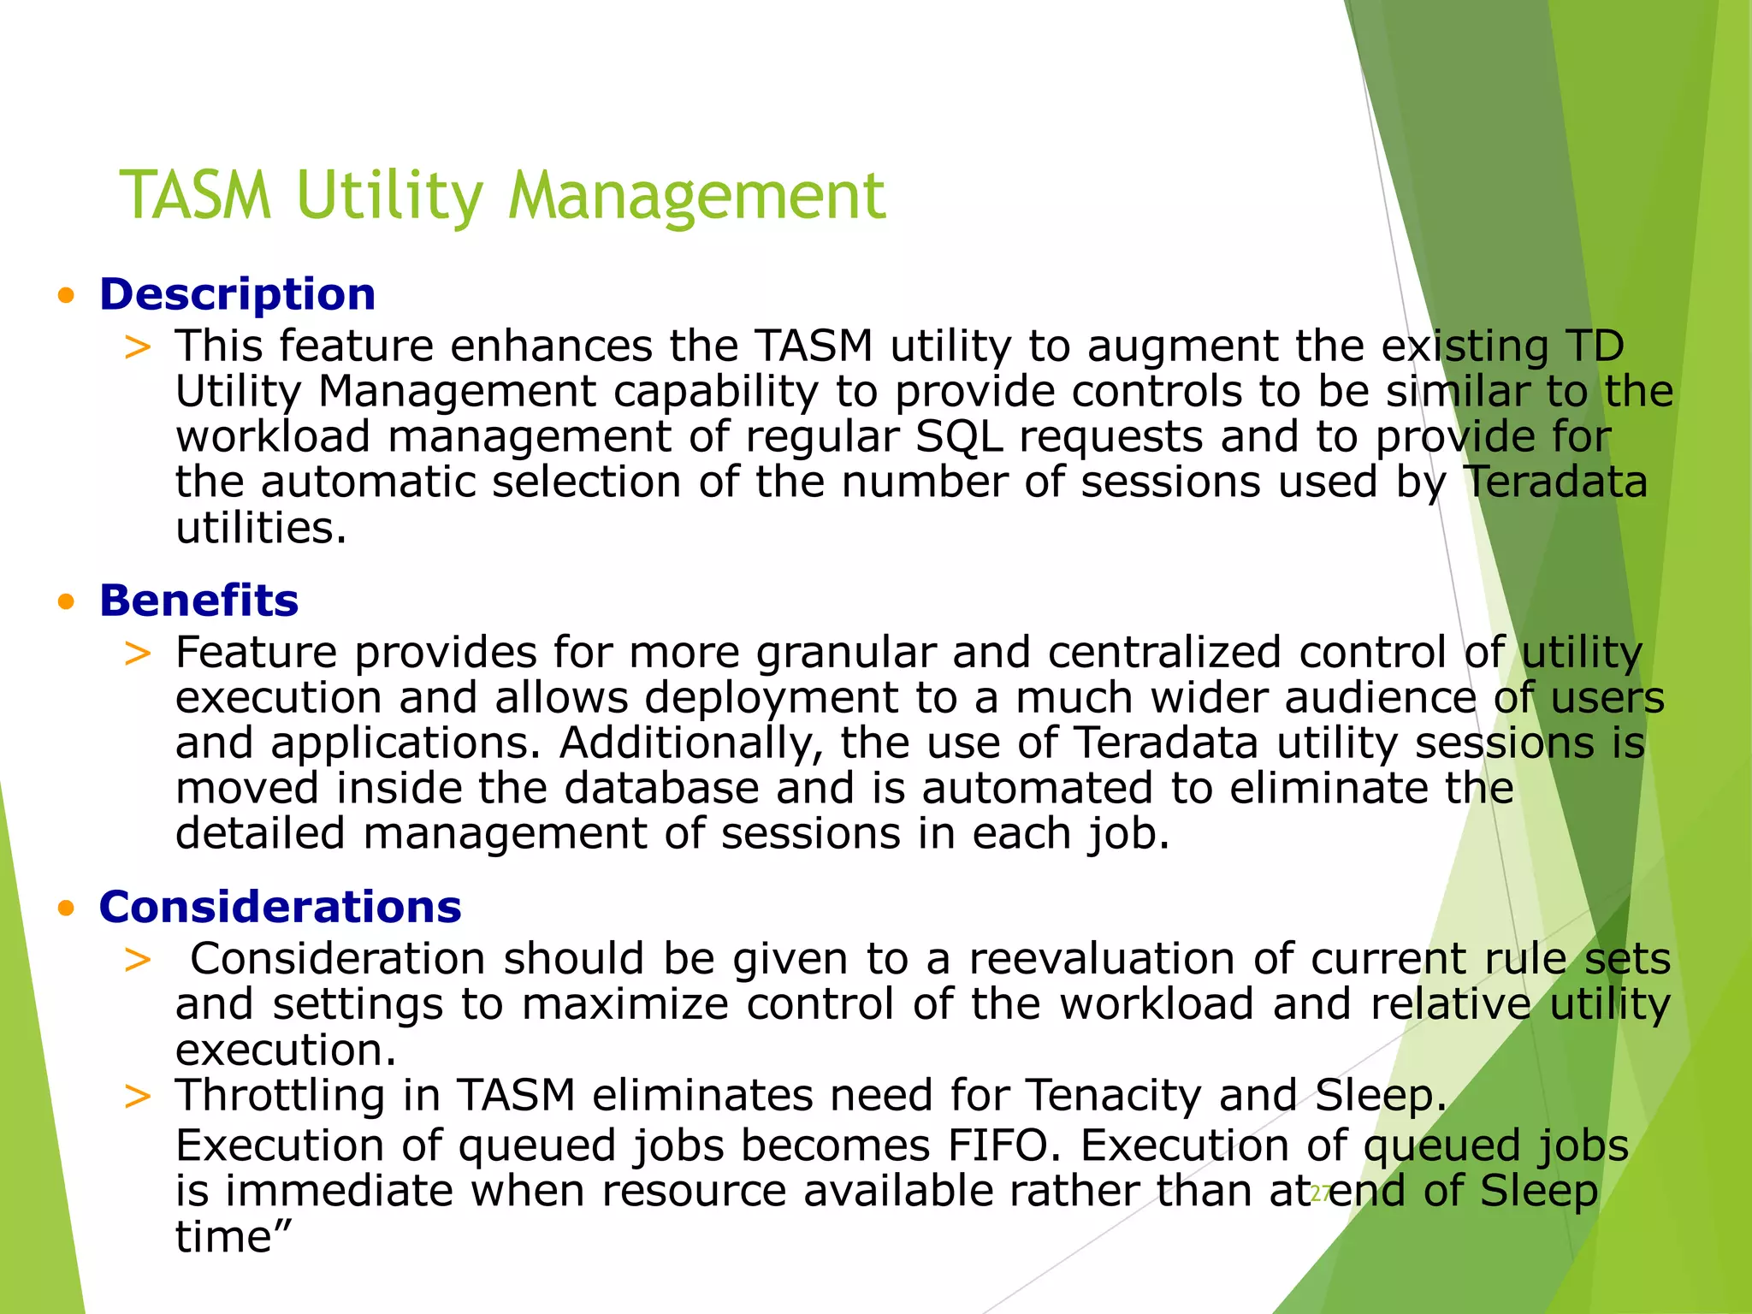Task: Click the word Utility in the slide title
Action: (390, 197)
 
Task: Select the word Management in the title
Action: (696, 197)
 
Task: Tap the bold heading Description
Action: (237, 294)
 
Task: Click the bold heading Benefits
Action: (198, 601)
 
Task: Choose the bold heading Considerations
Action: (280, 907)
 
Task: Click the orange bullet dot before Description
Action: (66, 297)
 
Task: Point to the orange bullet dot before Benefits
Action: (66, 603)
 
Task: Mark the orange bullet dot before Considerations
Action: (66, 909)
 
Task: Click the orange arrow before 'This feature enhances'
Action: (137, 348)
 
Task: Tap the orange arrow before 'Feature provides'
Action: (137, 654)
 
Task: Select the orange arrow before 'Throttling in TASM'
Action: (137, 1097)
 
